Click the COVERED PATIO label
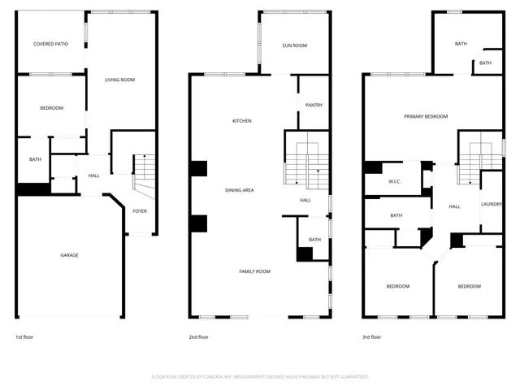(x=50, y=44)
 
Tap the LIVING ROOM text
(x=119, y=80)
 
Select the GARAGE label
(x=69, y=255)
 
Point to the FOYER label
(x=140, y=211)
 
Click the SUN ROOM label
(x=294, y=45)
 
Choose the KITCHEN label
(x=242, y=121)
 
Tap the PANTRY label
(x=314, y=106)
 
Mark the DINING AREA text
(x=240, y=190)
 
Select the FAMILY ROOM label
(x=254, y=271)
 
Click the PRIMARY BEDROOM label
(x=426, y=117)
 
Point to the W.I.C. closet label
(x=396, y=181)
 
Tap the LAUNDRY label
(x=492, y=204)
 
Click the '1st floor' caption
(x=24, y=337)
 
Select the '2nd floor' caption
(x=198, y=337)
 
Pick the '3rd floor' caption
(x=371, y=337)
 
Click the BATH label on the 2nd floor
(x=314, y=240)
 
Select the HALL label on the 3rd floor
(x=455, y=206)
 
